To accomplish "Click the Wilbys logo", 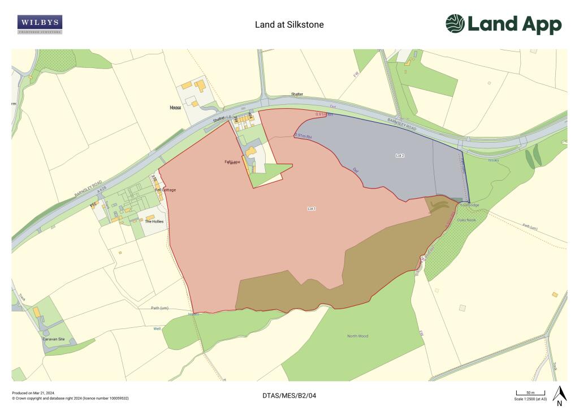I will coord(40,24).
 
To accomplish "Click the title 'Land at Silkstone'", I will coord(289,25).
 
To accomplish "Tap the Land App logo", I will coord(503,24).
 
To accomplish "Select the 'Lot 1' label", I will coord(312,209).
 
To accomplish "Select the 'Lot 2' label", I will coord(400,155).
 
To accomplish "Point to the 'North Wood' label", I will coord(357,336).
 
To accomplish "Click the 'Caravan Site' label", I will coord(54,339).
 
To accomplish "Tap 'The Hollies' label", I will coord(154,221).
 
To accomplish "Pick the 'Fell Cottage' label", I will coord(166,190).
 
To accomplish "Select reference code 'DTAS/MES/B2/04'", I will coord(289,395).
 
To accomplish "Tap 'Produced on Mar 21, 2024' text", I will coord(33,392).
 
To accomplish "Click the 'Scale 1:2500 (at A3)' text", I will coord(530,399).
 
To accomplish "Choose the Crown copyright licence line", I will coord(70,398).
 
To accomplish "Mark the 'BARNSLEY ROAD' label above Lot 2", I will coord(402,125).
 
